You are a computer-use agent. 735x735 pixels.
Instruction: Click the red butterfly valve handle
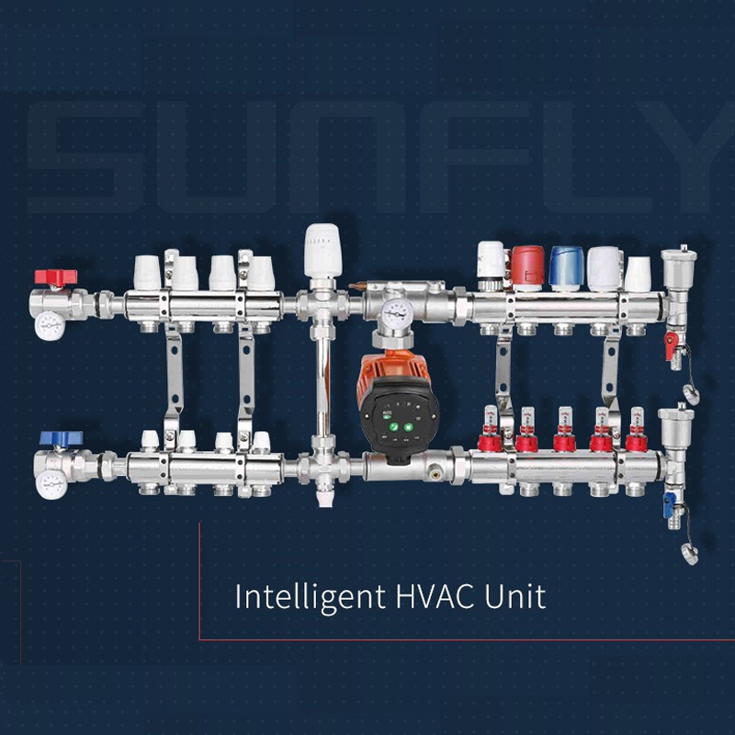tap(56, 277)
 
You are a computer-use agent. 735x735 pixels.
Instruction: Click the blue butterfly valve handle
tap(61, 438)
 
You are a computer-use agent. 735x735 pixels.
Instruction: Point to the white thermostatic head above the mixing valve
tap(322, 251)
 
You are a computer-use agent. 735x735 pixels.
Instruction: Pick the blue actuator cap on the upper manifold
tap(566, 267)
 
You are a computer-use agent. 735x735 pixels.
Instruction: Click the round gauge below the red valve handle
tap(50, 325)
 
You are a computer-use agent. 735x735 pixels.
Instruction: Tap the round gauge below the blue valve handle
tap(51, 485)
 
